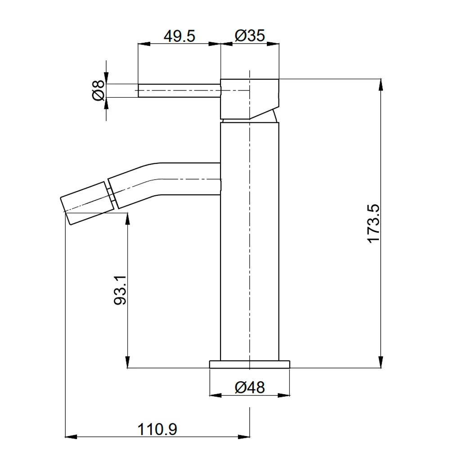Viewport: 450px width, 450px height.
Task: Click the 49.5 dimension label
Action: [180, 36]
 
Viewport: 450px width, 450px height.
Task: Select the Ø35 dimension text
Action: [250, 36]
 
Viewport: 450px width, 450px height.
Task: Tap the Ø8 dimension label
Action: [98, 90]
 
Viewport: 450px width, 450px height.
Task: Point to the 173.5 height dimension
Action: [373, 224]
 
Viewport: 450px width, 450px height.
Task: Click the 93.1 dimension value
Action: [120, 290]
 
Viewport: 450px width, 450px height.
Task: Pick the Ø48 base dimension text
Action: [250, 387]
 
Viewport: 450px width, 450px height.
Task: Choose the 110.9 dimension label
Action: [157, 429]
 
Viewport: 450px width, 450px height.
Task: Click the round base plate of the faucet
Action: [250, 364]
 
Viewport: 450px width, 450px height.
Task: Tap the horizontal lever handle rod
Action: [180, 90]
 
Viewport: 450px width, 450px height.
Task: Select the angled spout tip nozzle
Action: [87, 202]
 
